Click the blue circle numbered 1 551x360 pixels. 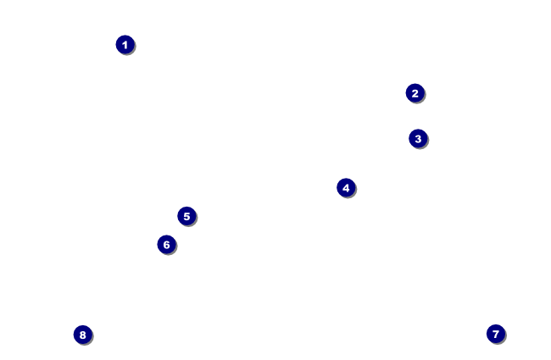coord(125,45)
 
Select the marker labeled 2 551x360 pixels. coord(415,93)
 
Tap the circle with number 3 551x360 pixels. coord(418,138)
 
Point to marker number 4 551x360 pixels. coord(346,187)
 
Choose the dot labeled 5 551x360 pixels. coord(186,216)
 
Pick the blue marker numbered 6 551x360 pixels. coord(166,245)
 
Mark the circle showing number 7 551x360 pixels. coord(496,334)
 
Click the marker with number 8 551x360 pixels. coord(82,335)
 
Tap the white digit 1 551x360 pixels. coord(125,45)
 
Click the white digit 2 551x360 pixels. coord(415,93)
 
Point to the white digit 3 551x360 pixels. coord(418,138)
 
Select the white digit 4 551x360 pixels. coord(346,187)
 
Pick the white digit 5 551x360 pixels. coord(186,216)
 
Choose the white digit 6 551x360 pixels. coord(166,245)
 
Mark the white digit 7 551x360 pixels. coord(496,334)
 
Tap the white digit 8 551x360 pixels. coord(82,335)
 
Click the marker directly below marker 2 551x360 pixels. coord(418,138)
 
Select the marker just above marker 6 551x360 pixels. coord(186,216)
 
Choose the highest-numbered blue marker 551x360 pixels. coord(82,335)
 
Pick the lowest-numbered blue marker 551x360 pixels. coord(125,45)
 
